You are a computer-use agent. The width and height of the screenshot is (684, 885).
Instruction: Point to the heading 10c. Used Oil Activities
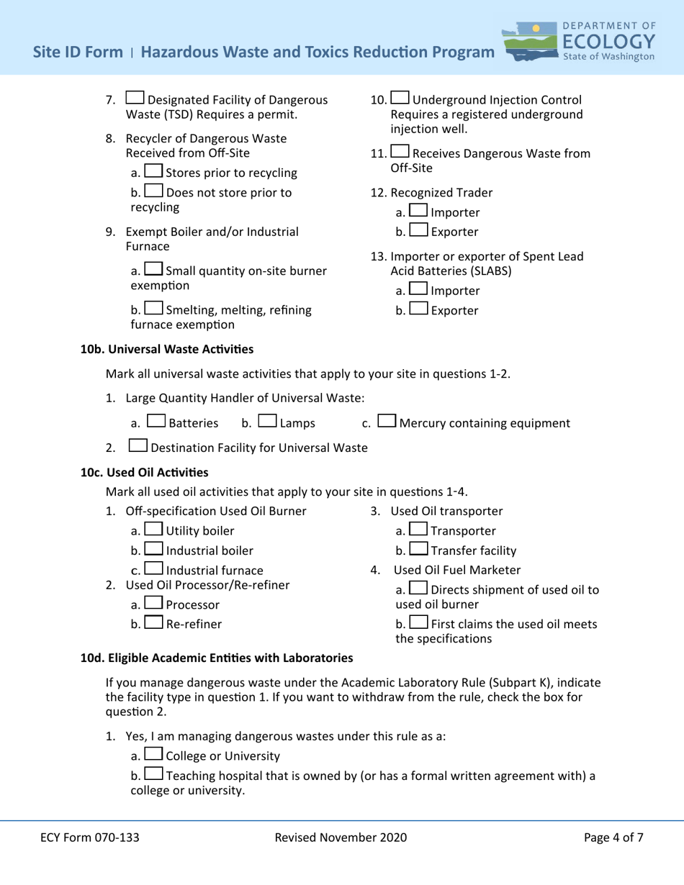point(143,472)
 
